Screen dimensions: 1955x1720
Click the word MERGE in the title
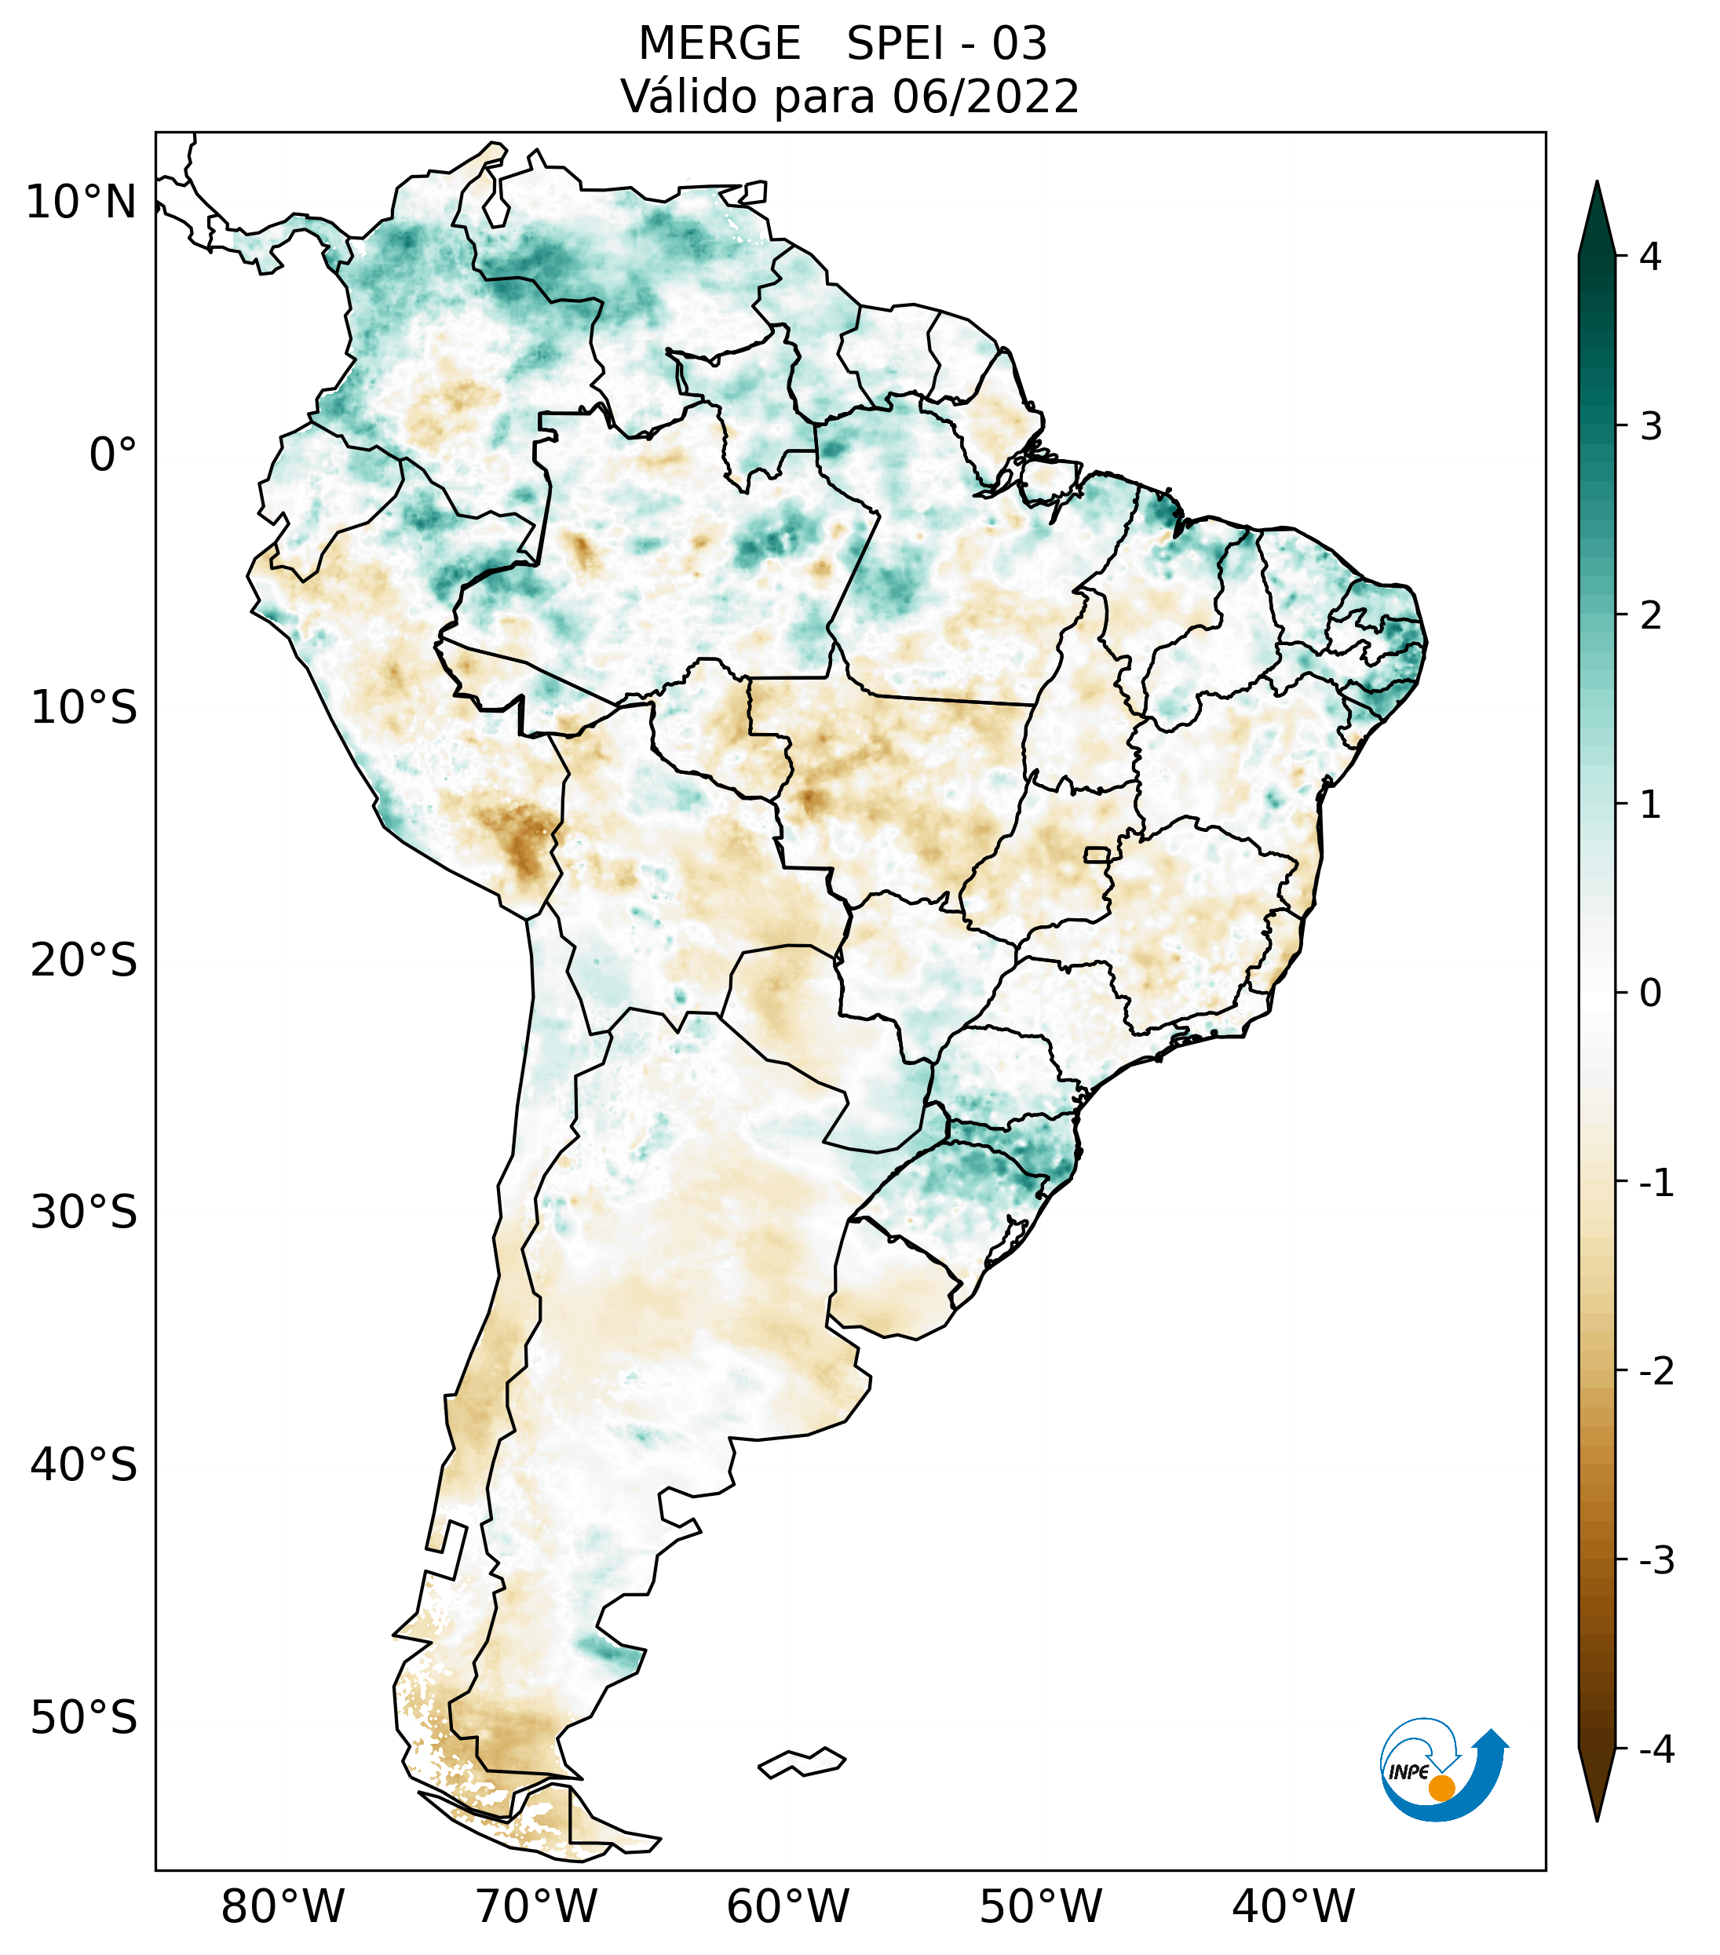(x=719, y=44)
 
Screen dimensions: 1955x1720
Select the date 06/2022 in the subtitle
(x=985, y=97)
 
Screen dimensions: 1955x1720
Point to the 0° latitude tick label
(x=113, y=454)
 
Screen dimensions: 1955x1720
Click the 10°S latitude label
(x=84, y=708)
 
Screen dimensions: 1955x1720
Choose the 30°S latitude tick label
(x=84, y=1213)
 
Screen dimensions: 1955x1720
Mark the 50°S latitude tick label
(x=84, y=1718)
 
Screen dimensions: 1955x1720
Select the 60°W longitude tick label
(x=787, y=1906)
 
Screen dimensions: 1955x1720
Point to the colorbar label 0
(x=1650, y=993)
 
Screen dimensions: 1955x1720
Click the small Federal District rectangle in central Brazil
(x=1096, y=853)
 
